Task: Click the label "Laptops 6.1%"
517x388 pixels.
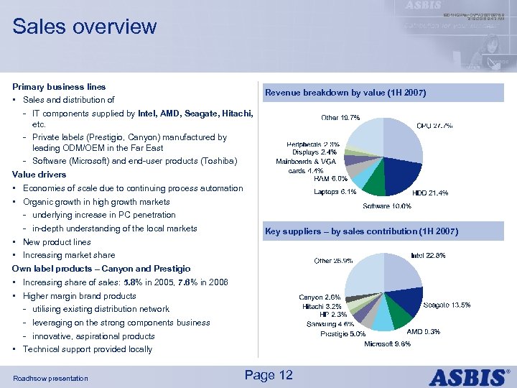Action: coord(335,192)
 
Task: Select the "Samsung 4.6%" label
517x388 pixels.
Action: coord(327,324)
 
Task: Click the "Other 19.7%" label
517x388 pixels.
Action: coord(341,117)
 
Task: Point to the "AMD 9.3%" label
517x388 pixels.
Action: coord(424,332)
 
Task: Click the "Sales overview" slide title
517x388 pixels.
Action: coord(84,27)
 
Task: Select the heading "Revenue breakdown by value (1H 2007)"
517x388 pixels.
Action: coord(345,93)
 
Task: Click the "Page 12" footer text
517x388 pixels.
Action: coord(269,375)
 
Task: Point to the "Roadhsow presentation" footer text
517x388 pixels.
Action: coord(50,378)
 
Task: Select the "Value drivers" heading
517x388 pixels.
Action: coord(39,175)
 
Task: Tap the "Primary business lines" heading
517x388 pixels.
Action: coord(59,87)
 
